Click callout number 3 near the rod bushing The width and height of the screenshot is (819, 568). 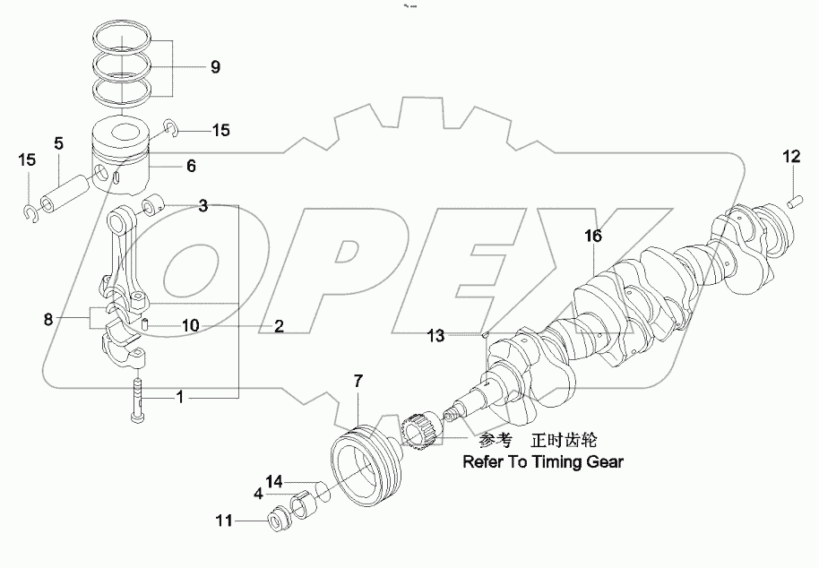tap(203, 206)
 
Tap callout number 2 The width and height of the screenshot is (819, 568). tap(279, 326)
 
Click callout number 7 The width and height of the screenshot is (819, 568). tap(358, 383)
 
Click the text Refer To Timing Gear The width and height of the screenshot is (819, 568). tap(541, 462)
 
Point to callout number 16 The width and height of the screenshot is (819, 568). tap(593, 237)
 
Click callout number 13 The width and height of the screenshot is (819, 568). tap(435, 336)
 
